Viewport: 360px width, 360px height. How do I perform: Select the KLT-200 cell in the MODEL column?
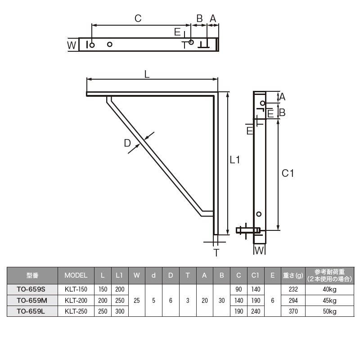coord(76,300)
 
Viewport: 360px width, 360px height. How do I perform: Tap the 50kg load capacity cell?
coord(329,311)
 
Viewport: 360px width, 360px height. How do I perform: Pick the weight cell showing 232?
coord(293,289)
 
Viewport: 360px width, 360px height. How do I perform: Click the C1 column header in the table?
coord(256,275)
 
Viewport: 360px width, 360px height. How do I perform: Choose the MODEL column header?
coord(76,275)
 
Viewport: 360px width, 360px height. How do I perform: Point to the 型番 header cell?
coord(32,275)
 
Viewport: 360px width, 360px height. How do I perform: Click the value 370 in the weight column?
coord(293,311)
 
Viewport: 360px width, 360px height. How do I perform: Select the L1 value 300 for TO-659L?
coord(120,311)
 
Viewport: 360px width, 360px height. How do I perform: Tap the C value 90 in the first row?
coord(238,289)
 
